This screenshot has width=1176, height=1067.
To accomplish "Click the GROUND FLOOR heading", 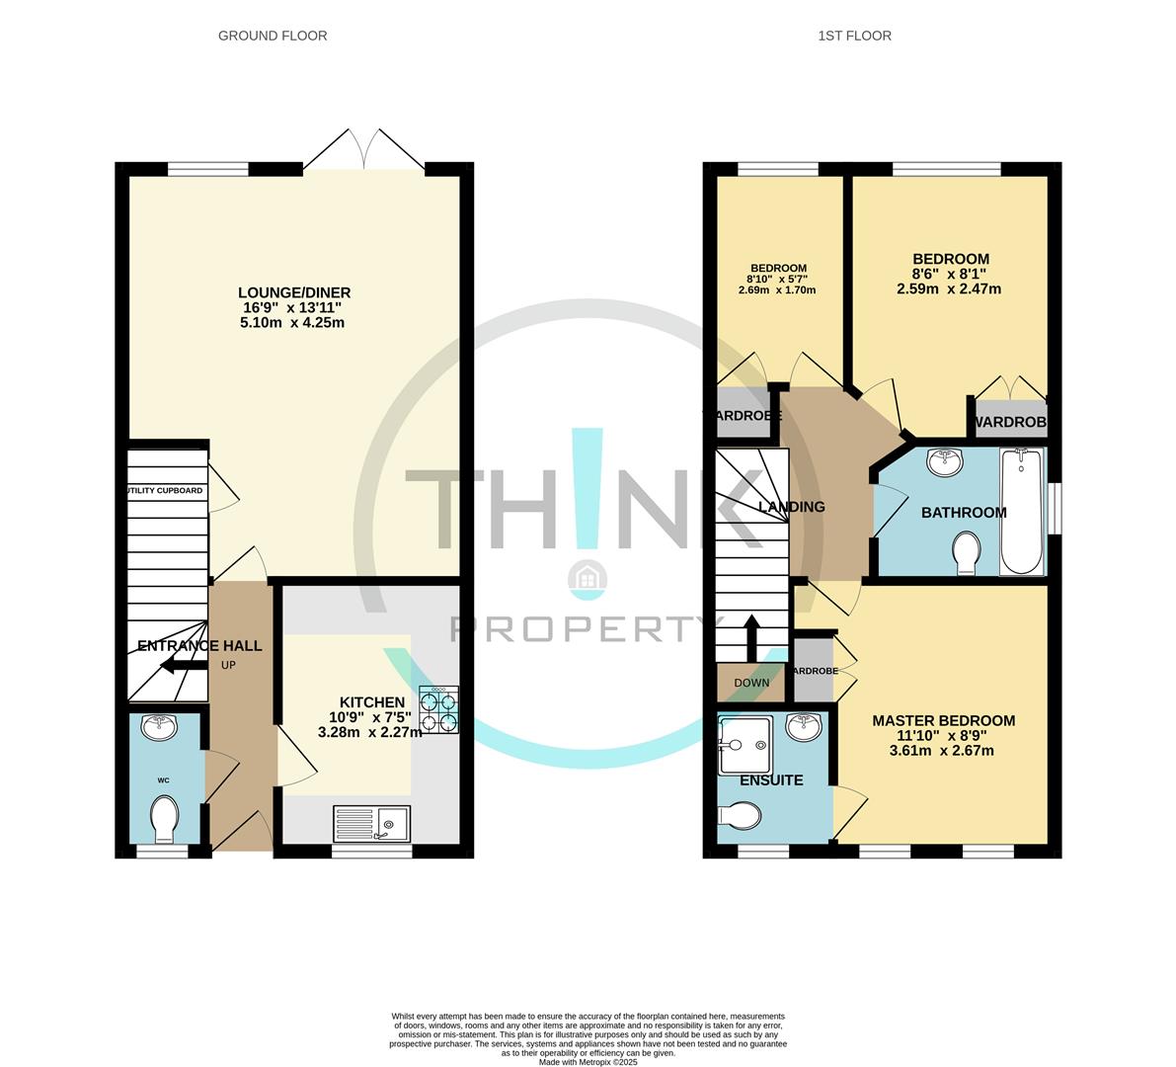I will [x=273, y=36].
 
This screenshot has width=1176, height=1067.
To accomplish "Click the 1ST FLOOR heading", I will [x=854, y=36].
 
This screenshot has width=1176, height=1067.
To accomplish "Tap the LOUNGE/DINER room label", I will [x=294, y=292].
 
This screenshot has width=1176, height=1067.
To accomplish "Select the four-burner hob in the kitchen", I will [x=438, y=709].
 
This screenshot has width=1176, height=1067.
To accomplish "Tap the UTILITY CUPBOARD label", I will [x=165, y=490].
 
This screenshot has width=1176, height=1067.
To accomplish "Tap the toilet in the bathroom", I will [x=965, y=551].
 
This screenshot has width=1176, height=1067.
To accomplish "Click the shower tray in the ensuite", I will [x=744, y=744].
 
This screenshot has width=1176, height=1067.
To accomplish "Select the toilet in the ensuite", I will [x=741, y=815].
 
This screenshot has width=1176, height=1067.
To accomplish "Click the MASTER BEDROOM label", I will [x=943, y=721].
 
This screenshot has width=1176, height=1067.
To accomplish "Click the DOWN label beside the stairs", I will [x=751, y=683].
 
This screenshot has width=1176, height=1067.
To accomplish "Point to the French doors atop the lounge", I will [x=365, y=151].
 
